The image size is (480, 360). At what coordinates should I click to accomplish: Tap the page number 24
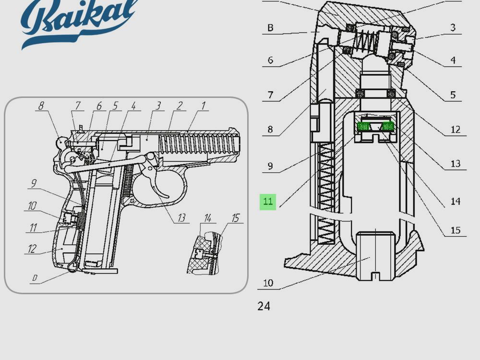pyautogui.click(x=264, y=306)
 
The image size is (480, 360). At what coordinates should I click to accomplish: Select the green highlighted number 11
pyautogui.click(x=268, y=202)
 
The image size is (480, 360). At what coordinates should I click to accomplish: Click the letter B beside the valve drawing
pyautogui.click(x=270, y=28)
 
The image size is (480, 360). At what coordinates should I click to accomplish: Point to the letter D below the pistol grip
pyautogui.click(x=35, y=278)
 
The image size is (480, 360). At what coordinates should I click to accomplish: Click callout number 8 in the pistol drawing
pyautogui.click(x=41, y=106)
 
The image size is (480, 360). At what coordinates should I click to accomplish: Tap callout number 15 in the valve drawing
pyautogui.click(x=455, y=230)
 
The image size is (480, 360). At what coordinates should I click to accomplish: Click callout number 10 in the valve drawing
pyautogui.click(x=268, y=283)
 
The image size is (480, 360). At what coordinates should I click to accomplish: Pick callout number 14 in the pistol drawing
pyautogui.click(x=207, y=218)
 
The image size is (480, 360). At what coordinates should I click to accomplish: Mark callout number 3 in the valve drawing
pyautogui.click(x=453, y=28)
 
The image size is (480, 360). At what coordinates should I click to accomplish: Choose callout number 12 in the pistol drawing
pyautogui.click(x=33, y=249)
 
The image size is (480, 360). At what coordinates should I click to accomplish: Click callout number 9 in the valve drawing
pyautogui.click(x=270, y=166)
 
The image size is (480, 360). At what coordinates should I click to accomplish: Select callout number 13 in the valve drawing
pyautogui.click(x=455, y=164)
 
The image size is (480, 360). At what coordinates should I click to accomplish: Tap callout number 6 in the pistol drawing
pyautogui.click(x=99, y=106)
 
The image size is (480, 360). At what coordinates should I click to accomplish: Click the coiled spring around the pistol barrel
pyautogui.click(x=197, y=144)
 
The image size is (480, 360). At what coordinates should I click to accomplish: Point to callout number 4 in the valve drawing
pyautogui.click(x=453, y=61)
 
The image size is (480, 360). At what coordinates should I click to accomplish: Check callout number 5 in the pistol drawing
pyautogui.click(x=115, y=106)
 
